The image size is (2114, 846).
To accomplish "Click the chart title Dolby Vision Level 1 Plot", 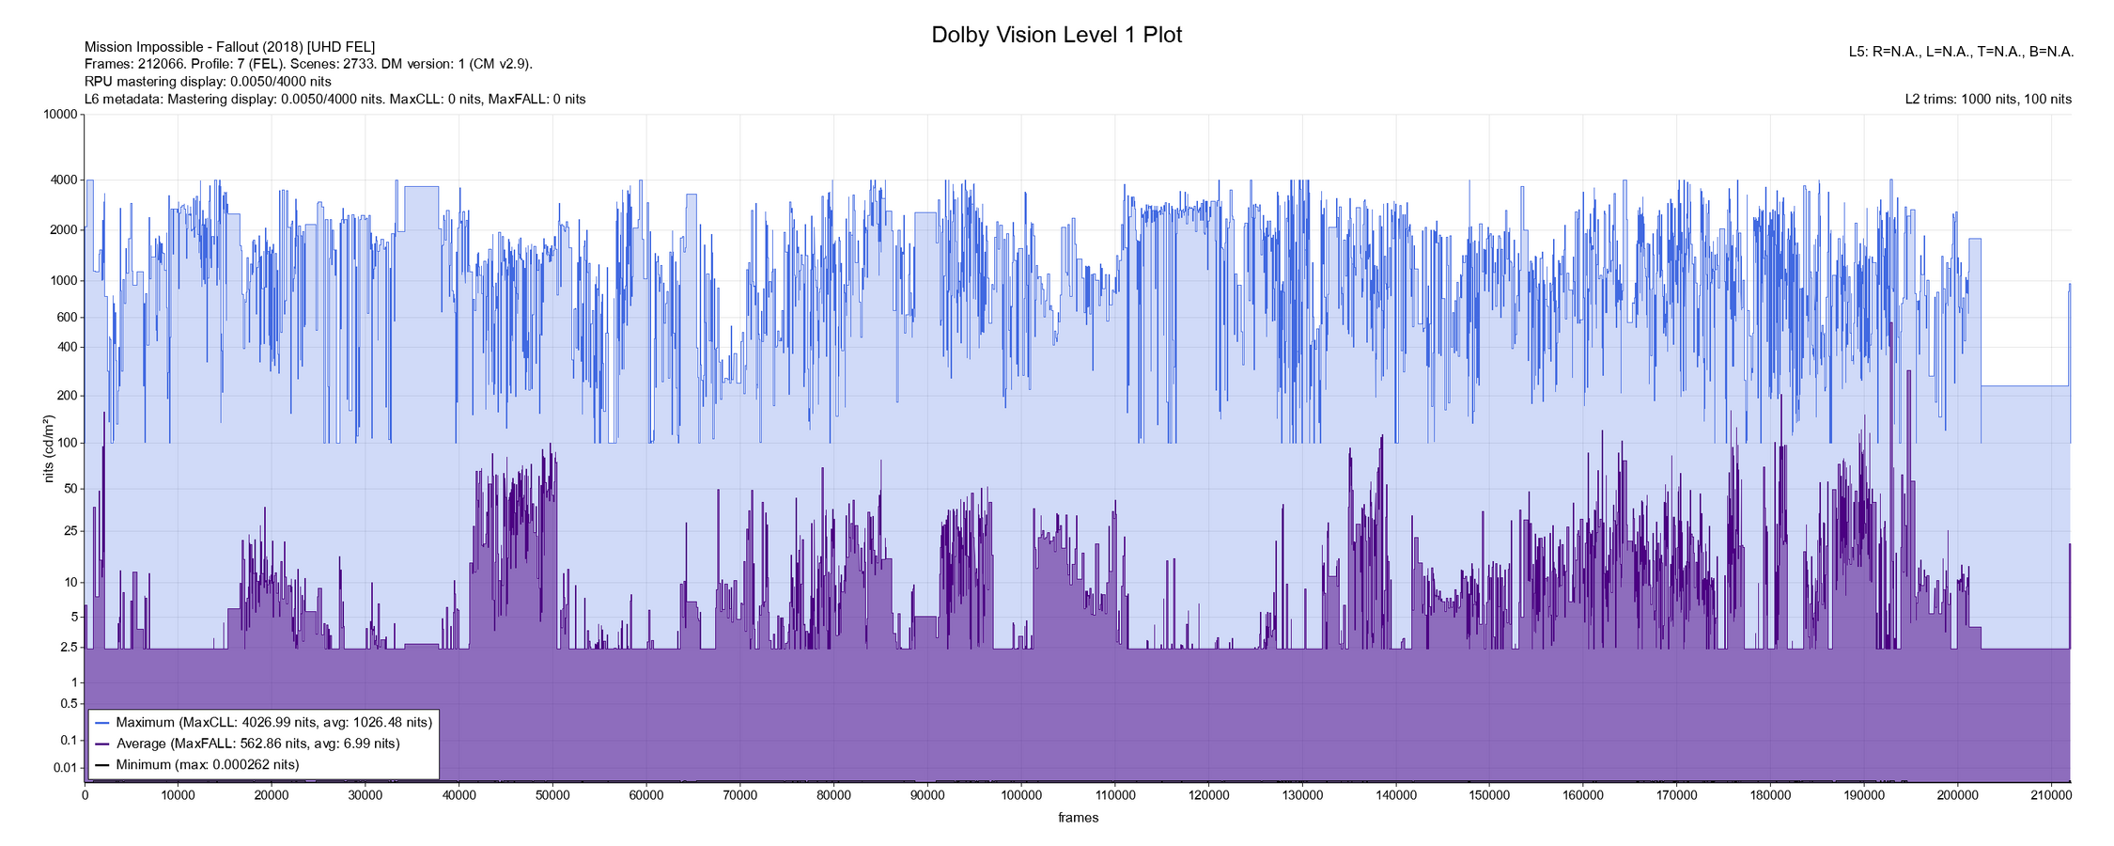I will pyautogui.click(x=1056, y=35).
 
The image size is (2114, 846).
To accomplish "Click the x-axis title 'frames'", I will pyautogui.click(x=1078, y=818).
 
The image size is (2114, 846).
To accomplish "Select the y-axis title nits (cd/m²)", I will pyautogui.click(x=49, y=448).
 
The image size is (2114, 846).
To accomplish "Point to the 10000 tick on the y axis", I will pyautogui.click(x=60, y=115).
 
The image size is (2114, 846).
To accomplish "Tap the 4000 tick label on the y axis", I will pyautogui.click(x=63, y=180).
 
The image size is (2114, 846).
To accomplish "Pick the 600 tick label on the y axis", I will pyautogui.click(x=67, y=318).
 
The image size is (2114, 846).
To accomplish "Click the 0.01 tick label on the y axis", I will pyautogui.click(x=66, y=768).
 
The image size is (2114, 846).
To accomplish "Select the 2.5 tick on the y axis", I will pyautogui.click(x=69, y=647).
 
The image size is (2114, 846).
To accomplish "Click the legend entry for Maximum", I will pyautogui.click(x=263, y=723).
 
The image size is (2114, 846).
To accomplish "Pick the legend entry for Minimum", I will pyautogui.click(x=197, y=765).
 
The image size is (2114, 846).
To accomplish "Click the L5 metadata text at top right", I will pyautogui.click(x=1961, y=53).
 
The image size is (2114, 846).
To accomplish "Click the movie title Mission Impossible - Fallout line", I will pyautogui.click(x=229, y=47).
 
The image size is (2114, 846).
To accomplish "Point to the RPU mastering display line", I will pyautogui.click(x=208, y=82).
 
